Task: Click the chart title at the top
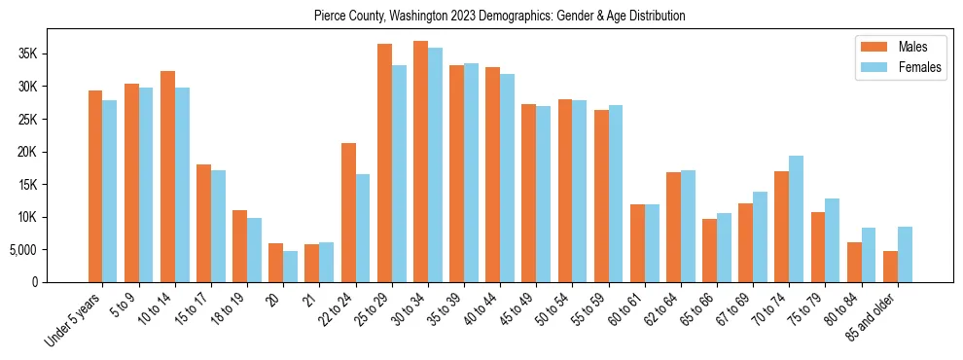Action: pyautogui.click(x=500, y=17)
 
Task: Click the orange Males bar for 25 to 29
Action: pyautogui.click(x=384, y=163)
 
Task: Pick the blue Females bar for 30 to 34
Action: pyautogui.click(x=435, y=165)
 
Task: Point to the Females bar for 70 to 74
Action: pyautogui.click(x=797, y=219)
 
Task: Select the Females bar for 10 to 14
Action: pyautogui.click(x=182, y=185)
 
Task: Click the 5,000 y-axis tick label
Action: pyautogui.click(x=20, y=250)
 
